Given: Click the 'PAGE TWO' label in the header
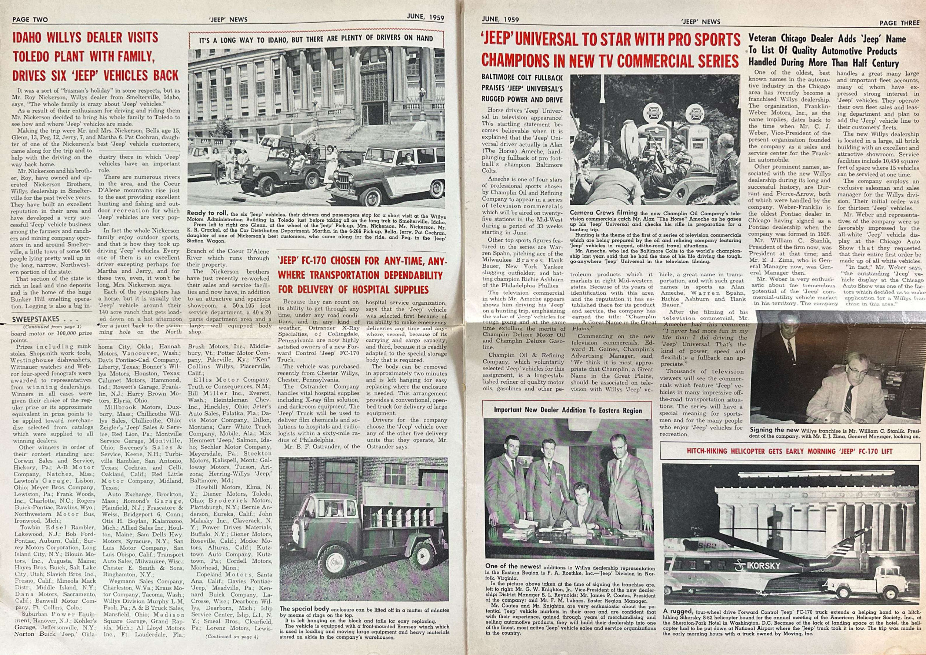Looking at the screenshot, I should point(30,19).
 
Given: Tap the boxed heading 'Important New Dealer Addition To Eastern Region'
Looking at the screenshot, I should point(568,410).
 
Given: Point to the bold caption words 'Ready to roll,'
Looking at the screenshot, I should point(208,213).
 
